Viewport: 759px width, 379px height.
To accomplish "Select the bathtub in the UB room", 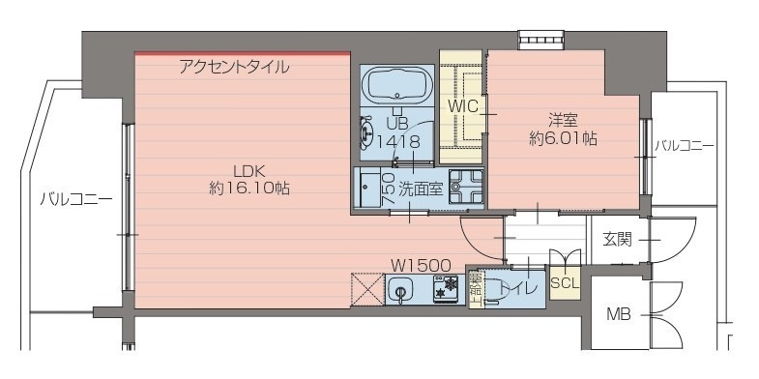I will [397, 87].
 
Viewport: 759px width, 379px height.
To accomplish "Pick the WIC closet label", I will [462, 104].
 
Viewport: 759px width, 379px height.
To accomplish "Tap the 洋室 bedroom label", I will [563, 121].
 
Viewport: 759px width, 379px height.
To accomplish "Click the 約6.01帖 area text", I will [563, 139].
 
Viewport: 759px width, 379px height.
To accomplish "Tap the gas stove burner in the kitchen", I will [447, 288].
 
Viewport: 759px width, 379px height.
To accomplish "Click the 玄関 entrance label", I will [617, 239].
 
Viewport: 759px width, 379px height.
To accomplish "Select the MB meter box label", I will [619, 314].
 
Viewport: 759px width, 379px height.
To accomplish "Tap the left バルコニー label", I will [74, 200].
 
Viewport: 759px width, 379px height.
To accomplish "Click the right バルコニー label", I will [684, 146].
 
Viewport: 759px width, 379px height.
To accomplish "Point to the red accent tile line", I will [242, 53].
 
